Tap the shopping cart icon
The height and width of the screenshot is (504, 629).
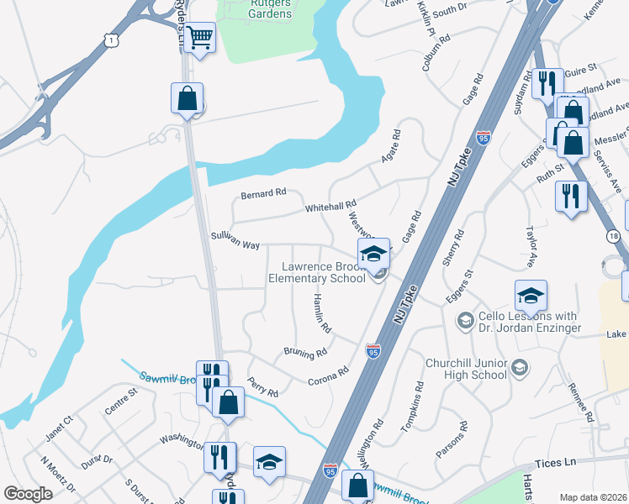click(200, 37)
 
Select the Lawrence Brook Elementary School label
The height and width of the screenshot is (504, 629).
click(323, 272)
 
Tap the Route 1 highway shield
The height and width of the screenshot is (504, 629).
click(110, 38)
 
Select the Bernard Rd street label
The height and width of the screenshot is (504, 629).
click(263, 194)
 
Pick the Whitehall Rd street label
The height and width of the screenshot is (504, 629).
click(330, 205)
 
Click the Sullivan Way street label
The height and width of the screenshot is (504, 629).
click(235, 241)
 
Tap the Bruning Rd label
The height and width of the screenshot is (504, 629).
click(304, 354)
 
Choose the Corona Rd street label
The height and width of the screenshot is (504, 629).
click(328, 375)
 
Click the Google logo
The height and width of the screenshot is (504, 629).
click(28, 494)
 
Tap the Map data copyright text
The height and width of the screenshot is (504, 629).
click(592, 497)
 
